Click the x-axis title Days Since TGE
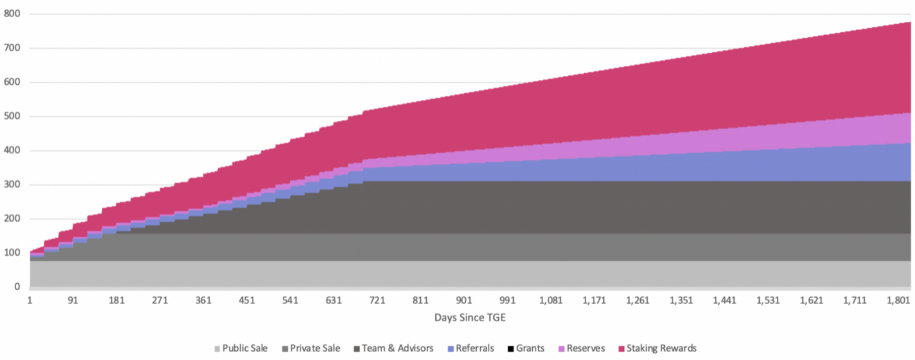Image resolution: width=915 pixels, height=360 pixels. [x=470, y=318]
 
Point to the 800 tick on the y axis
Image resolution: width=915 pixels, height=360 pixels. [x=12, y=14]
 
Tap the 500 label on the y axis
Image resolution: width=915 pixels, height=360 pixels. [x=12, y=116]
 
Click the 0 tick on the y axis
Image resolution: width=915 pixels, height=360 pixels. [x=17, y=286]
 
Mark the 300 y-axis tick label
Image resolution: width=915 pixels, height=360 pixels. [x=12, y=184]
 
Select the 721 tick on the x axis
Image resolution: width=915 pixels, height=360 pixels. [x=377, y=301]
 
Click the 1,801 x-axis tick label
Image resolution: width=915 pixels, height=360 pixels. [x=898, y=301]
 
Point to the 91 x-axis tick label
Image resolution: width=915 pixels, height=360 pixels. [x=73, y=301]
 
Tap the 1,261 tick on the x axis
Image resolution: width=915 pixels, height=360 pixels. [x=638, y=301]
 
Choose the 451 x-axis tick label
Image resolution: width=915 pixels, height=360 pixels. [x=247, y=301]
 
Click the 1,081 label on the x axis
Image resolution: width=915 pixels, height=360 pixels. [x=551, y=301]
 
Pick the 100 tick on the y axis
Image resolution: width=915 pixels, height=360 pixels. [x=12, y=252]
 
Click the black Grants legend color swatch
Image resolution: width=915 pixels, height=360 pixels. [x=510, y=349]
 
